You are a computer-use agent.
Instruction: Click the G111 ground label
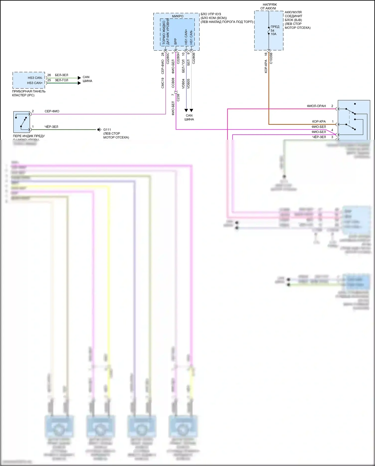pyautogui.click(x=107, y=130)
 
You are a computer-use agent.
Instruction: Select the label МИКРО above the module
pyautogui.click(x=177, y=16)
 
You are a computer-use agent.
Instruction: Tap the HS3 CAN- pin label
pyautogui.click(x=35, y=78)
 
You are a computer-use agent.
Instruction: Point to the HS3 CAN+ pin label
pyautogui.click(x=35, y=83)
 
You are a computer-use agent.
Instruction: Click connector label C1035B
pyautogui.click(x=271, y=58)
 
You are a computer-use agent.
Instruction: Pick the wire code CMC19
pyautogui.click(x=163, y=83)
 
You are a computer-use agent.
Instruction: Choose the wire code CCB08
pyautogui.click(x=173, y=83)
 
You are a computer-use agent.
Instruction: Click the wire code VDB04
pyautogui.click(x=183, y=84)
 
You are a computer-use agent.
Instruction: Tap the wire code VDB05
pyautogui.click(x=188, y=84)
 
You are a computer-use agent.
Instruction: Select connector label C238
pyautogui.click(x=178, y=98)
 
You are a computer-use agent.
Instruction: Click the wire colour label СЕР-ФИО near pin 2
pyautogui.click(x=52, y=111)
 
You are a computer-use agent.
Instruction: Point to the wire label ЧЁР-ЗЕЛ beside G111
pyautogui.click(x=51, y=127)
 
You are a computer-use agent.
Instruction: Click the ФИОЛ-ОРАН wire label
pyautogui.click(x=316, y=106)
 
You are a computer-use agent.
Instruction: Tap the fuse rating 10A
pyautogui.click(x=273, y=34)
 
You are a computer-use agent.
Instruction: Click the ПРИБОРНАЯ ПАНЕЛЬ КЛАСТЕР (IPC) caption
pyautogui.click(x=29, y=93)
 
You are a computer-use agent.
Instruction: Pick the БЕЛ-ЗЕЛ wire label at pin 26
pyautogui.click(x=61, y=75)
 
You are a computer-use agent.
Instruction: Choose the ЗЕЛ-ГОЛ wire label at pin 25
pyautogui.click(x=61, y=80)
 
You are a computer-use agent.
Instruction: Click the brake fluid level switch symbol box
pyautogui.click(x=21, y=122)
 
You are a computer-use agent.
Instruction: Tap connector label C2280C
pyautogui.click(x=168, y=58)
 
